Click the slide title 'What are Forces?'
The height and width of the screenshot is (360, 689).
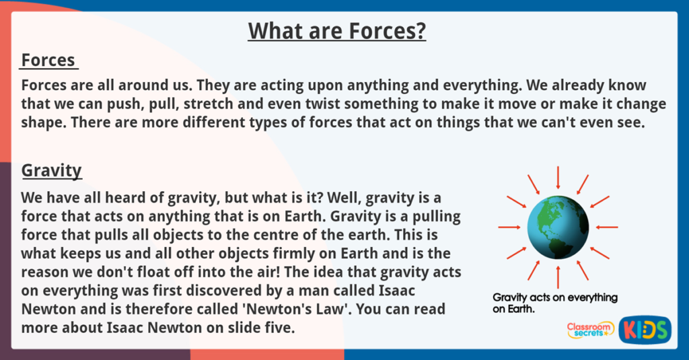coord(336,31)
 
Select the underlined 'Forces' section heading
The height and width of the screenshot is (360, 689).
coord(48,61)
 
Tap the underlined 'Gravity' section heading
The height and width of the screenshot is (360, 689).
coord(52,170)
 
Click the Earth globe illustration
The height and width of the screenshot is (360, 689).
coord(558,227)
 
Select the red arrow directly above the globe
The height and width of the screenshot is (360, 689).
coord(558,177)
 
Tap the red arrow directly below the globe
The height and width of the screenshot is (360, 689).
coord(558,277)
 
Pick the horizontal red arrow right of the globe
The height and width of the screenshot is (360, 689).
coord(608,227)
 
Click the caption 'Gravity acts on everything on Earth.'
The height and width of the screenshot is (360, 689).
coord(554,303)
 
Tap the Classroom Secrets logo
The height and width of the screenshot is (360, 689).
coord(590,329)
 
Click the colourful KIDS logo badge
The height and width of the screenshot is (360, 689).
coord(645,329)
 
